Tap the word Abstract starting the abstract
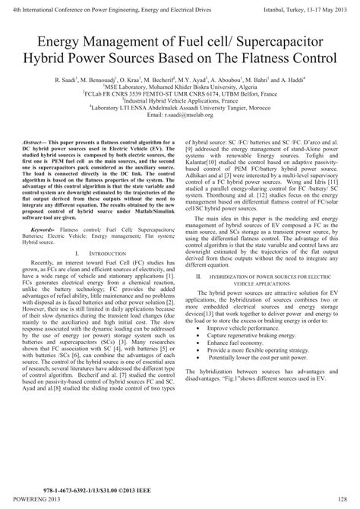pyautogui.click(x=39, y=142)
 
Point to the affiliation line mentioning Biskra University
pyautogui.click(x=180, y=86)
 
